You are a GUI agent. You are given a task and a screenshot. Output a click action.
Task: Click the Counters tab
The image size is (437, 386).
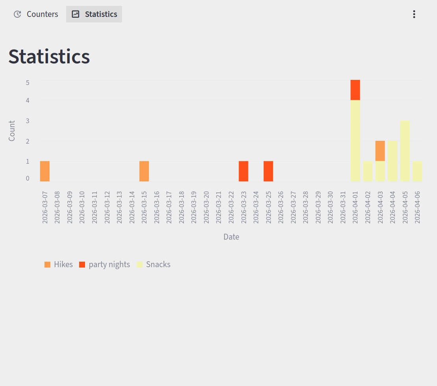(36, 14)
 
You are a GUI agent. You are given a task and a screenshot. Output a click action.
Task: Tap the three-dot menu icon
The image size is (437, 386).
(414, 14)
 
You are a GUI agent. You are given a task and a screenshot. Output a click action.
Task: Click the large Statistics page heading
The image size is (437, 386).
(49, 56)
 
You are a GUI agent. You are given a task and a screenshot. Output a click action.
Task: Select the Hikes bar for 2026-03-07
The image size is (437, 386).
(45, 171)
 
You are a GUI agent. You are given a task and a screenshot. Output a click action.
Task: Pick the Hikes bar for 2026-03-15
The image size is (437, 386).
(144, 171)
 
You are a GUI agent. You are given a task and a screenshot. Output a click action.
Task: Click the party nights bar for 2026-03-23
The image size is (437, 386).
(243, 171)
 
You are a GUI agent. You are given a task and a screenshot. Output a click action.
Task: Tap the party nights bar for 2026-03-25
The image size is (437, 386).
(268, 171)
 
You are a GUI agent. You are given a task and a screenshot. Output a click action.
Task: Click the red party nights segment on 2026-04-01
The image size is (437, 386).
(355, 90)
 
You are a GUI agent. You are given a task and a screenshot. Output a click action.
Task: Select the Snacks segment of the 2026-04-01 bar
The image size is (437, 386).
(355, 141)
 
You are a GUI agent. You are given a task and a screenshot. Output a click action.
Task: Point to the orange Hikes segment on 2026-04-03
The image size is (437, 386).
(380, 151)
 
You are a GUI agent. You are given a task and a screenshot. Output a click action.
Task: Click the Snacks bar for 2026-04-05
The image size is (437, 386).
(405, 151)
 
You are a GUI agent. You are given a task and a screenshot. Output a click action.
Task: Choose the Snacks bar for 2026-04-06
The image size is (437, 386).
(417, 171)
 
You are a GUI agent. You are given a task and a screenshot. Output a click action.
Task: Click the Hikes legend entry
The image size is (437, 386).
(59, 264)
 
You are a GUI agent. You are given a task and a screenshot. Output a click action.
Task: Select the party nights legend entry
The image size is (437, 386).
(105, 264)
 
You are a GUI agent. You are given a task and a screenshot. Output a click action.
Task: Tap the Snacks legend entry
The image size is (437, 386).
(154, 264)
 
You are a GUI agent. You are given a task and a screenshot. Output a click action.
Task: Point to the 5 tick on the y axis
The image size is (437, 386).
(28, 83)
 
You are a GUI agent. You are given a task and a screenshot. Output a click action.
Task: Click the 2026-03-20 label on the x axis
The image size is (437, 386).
(206, 207)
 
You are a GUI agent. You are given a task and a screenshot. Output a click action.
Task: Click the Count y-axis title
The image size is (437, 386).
(12, 131)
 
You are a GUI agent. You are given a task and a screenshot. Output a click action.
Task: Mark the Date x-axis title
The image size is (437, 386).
(231, 237)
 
